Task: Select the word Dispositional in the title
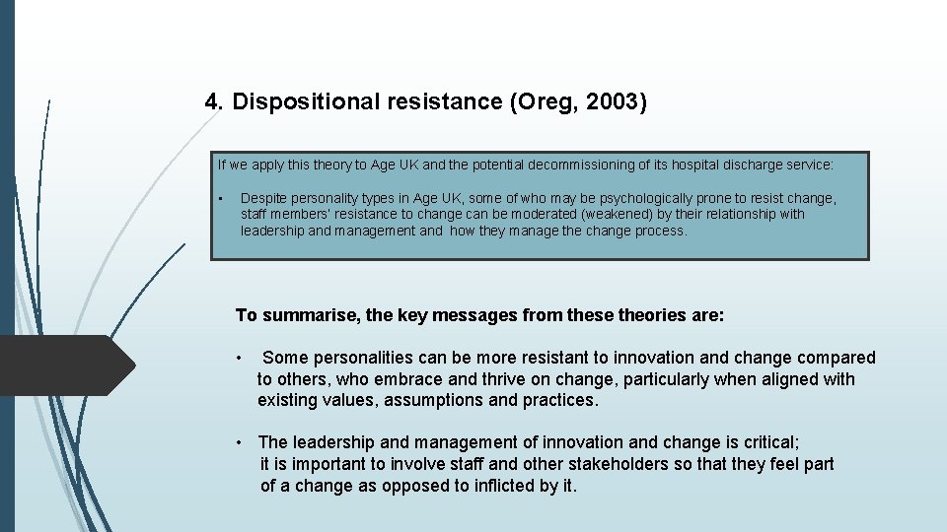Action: (x=299, y=101)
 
